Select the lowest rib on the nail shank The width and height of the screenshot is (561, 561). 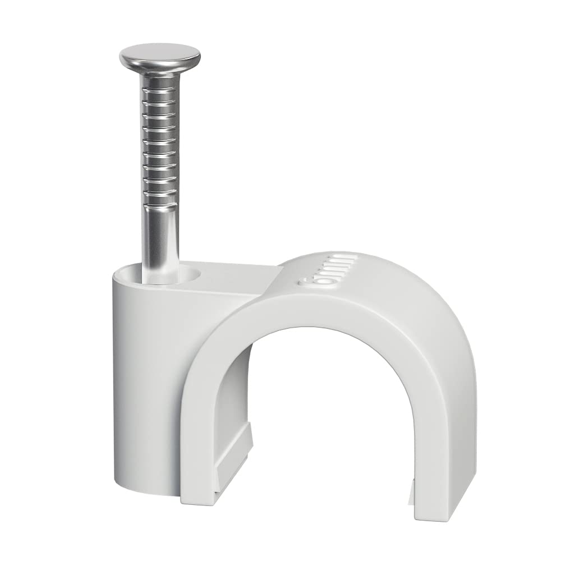pyautogui.click(x=160, y=194)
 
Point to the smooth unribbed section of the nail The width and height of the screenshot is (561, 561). pyautogui.click(x=161, y=236)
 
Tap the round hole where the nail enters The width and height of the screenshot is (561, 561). pyautogui.click(x=168, y=275)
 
